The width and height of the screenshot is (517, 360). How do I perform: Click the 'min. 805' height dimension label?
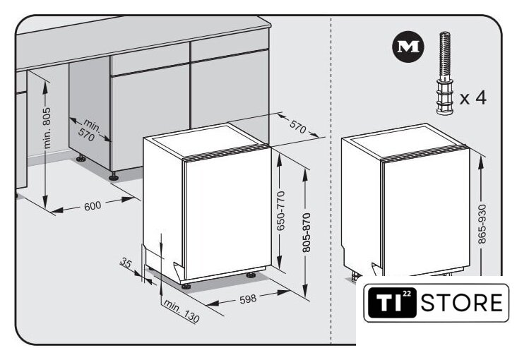pos(47,128)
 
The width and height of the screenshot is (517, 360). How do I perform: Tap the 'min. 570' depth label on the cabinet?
pos(89,130)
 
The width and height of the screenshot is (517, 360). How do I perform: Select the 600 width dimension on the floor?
pos(93,206)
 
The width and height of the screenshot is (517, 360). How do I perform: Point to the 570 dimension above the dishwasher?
pos(298,126)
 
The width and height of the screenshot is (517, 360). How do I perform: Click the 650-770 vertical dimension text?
pos(280,210)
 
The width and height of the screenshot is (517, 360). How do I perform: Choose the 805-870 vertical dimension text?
pos(307,232)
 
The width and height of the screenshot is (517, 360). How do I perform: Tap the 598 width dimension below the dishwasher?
pos(248,299)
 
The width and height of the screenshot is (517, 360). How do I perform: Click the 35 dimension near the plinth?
pos(126,263)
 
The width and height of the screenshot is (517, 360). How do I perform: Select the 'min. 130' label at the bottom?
pos(182,311)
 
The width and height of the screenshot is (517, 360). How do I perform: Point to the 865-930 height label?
pos(482,224)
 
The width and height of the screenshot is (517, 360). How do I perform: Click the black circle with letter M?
pos(408,47)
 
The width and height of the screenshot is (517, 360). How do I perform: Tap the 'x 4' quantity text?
pos(473,97)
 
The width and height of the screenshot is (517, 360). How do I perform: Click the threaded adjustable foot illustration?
pos(444,73)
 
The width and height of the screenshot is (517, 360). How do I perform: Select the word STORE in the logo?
pos(462,303)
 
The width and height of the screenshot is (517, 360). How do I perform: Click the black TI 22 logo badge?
pos(392,302)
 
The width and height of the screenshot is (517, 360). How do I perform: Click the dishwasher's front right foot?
pos(251,275)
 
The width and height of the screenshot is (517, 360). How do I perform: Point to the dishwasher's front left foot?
pos(186,286)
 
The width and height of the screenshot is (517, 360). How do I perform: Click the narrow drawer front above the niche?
pos(150,59)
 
